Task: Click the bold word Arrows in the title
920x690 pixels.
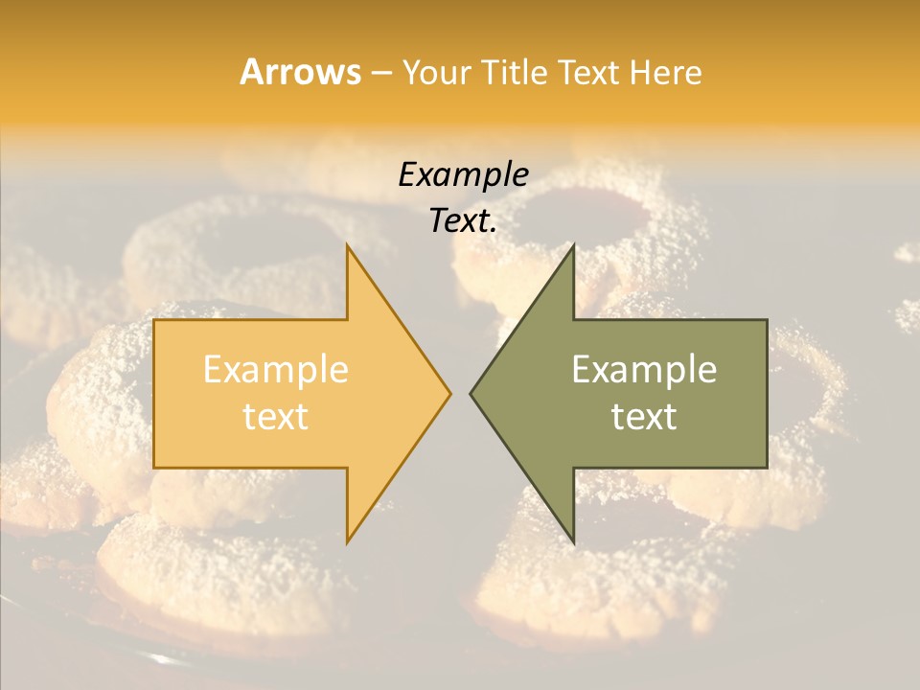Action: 300,72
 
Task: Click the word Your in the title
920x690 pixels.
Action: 437,73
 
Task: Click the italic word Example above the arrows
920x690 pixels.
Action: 463,174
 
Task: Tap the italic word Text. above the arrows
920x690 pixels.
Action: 463,221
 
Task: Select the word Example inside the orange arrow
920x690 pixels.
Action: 275,370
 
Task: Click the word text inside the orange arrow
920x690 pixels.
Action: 275,416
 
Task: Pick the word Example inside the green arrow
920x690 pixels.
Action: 644,370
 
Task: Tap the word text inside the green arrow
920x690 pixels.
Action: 644,416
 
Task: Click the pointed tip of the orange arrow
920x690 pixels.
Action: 448,393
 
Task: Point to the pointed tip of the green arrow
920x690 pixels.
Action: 471,393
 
